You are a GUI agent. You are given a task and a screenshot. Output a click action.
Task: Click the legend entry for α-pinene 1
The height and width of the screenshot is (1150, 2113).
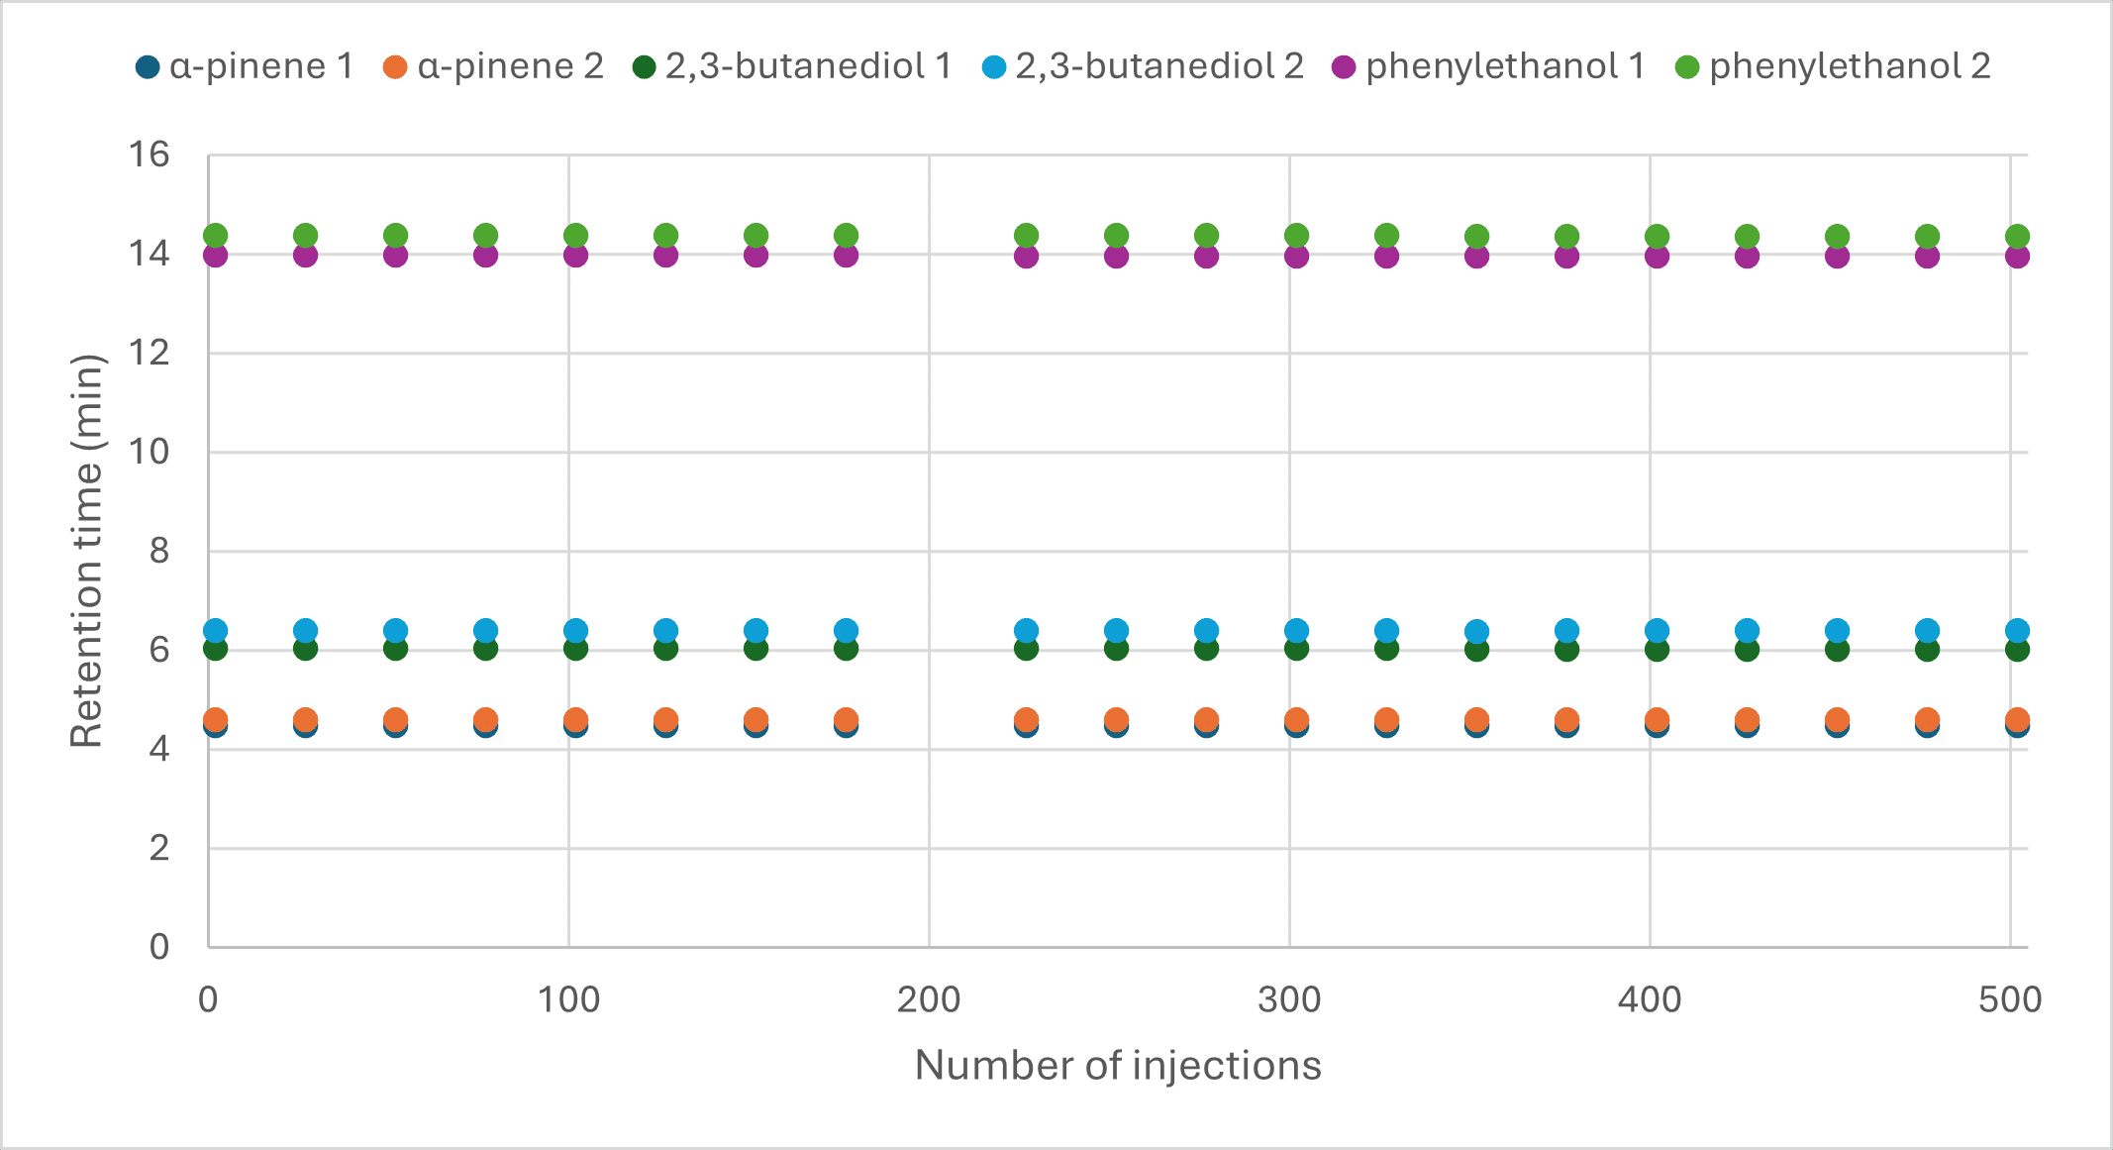point(246,66)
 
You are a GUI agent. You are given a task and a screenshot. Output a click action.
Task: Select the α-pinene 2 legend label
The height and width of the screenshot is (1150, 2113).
point(493,66)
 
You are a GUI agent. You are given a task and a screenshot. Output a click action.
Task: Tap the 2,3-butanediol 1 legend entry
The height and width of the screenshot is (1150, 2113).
point(792,66)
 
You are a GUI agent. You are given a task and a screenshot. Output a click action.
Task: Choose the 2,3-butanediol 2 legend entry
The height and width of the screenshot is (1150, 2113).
point(1143,66)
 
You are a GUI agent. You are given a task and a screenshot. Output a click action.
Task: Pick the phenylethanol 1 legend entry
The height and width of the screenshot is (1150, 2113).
point(1489,66)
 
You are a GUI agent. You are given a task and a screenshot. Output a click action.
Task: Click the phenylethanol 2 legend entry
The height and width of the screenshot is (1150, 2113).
point(1833,66)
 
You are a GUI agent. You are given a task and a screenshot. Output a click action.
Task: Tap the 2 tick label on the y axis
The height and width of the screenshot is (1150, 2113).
point(158,848)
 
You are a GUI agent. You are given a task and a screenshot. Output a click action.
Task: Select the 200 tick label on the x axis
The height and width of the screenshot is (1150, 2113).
point(929,1000)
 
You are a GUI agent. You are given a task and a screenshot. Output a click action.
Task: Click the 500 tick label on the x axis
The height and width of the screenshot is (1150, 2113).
point(2010,1000)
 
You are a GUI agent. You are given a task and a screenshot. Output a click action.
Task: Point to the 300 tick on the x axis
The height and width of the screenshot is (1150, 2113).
point(1289,1000)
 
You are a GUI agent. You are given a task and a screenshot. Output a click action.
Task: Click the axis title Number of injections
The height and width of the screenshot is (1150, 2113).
point(1118,1066)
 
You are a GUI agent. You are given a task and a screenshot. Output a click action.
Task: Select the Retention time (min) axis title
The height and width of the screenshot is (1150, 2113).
point(87,551)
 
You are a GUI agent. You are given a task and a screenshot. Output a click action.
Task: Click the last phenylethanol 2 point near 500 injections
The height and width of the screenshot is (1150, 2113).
point(2017,236)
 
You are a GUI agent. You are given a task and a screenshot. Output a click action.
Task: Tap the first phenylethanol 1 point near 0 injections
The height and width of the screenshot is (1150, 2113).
point(215,255)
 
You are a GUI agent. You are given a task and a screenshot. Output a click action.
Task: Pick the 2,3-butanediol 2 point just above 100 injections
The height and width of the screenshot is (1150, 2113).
point(575,631)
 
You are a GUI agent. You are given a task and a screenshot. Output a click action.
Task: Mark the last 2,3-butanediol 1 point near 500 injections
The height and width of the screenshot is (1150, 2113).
point(2017,650)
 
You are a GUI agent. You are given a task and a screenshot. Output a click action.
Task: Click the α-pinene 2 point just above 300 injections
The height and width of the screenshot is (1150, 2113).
point(1296,720)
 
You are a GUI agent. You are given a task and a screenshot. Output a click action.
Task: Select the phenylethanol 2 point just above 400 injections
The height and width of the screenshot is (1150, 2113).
point(1657,236)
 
